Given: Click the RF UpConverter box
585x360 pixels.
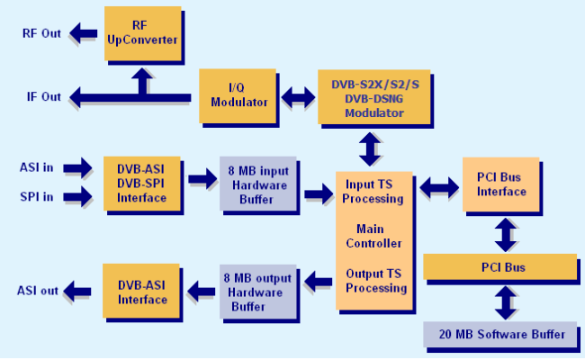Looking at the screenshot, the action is coord(143,33).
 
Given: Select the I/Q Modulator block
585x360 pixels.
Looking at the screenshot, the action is coord(238,96).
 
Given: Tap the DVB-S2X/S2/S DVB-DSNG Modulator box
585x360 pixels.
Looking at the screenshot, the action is coord(374,97).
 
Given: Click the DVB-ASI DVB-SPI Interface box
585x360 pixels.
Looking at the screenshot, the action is coord(142,184).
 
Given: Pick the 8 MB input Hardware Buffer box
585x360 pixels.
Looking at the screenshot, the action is coord(258,184).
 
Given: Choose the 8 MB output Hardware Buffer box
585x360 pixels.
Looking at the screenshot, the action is coord(258,292).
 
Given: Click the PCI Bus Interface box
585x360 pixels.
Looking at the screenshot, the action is coord(501,184).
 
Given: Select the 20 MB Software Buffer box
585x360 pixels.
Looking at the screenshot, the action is coord(499,334).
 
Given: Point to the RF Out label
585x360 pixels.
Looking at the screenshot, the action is coord(41,33).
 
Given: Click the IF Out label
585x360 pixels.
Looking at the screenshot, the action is coord(44,96).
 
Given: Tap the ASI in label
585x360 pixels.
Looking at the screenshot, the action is coord(37,167).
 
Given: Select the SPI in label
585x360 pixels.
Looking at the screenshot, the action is coord(37,196).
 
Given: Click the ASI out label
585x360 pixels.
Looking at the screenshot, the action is coord(38,291).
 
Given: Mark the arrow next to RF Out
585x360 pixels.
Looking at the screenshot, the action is coord(83,33).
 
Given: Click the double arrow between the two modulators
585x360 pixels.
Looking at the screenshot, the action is coord(298,97).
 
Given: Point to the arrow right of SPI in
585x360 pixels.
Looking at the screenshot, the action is coord(77,196).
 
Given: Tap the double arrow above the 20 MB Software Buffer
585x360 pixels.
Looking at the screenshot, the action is coord(506,302).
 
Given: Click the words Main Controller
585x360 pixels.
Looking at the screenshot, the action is coord(373,236).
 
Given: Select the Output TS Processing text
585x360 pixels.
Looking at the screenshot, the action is coord(376,281).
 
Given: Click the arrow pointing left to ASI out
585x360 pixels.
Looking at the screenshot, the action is coord(77,291).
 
